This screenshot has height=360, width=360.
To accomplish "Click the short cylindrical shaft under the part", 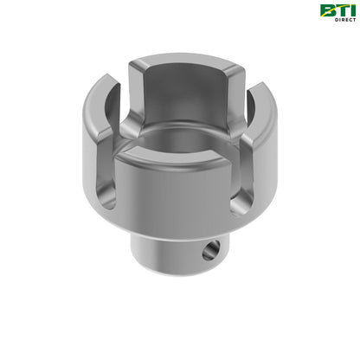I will (x=173, y=251).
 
